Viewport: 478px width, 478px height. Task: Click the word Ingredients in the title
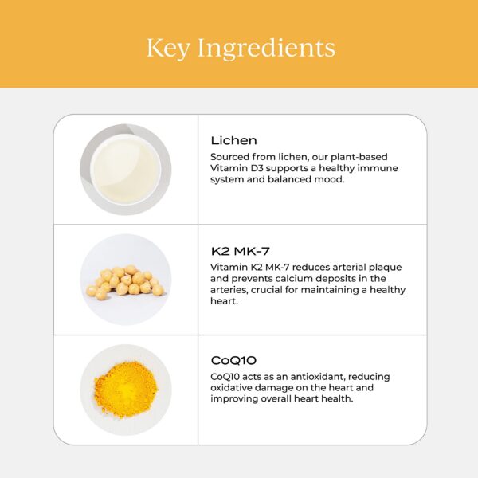coord(266,48)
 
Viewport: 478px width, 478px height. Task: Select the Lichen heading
coord(233,140)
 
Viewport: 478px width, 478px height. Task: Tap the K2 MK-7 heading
coord(241,251)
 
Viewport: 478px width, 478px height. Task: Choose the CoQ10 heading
coord(233,361)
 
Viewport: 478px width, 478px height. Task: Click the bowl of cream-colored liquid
coord(126,170)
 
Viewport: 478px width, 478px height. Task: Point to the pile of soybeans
coord(125,280)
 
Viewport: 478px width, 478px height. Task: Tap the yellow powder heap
coord(126,390)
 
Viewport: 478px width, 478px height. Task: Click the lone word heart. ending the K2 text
coord(224,301)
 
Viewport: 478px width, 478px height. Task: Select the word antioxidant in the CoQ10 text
coord(318,377)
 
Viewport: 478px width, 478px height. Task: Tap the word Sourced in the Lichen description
coord(230,157)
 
